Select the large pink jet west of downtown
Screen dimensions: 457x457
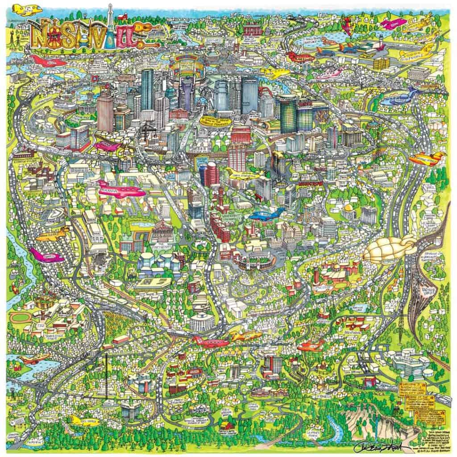120,190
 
